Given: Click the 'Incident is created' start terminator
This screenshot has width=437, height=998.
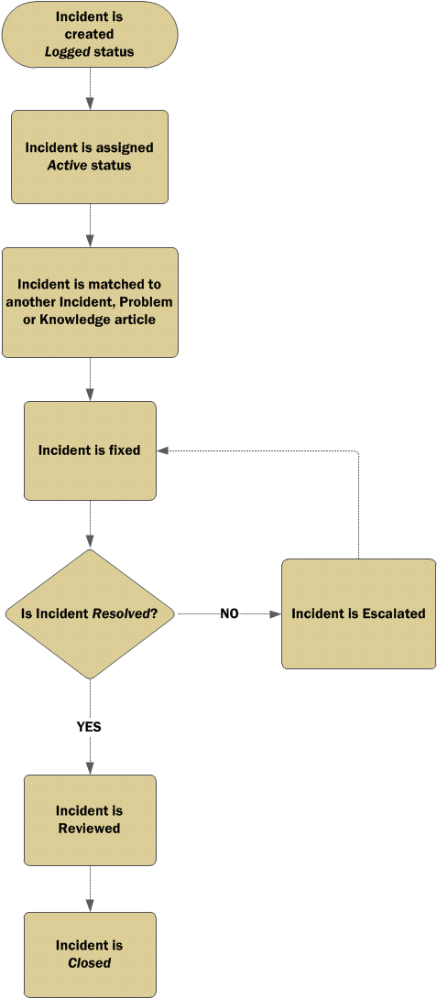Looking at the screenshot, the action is [90, 35].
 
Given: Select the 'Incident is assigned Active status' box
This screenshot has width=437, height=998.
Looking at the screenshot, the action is [90, 157].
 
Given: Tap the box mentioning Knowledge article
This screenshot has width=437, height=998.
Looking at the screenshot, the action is [90, 302].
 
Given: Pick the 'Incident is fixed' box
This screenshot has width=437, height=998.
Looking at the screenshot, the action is [90, 450].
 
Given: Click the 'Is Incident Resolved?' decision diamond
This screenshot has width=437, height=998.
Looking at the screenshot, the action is [90, 614].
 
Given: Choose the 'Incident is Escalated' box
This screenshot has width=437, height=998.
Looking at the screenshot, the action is [358, 614].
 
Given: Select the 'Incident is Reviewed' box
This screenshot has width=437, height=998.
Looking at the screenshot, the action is [90, 819].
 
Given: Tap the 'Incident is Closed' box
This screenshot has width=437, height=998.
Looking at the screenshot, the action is [90, 954].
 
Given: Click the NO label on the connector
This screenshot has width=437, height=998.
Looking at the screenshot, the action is [229, 614].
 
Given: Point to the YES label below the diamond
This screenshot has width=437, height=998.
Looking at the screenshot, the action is [89, 726].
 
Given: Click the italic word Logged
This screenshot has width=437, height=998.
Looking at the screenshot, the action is [68, 52].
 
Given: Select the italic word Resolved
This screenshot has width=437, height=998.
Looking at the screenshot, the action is [123, 614].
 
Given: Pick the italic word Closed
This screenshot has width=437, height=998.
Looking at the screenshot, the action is [89, 963].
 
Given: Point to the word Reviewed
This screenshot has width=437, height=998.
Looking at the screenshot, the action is [89, 829].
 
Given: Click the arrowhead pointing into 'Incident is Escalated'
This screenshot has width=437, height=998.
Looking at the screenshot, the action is [275, 614].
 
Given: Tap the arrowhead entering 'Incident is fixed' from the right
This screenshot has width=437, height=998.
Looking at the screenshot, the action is [162, 450].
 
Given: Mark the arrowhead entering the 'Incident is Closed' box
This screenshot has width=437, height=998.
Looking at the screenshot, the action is [90, 906].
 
